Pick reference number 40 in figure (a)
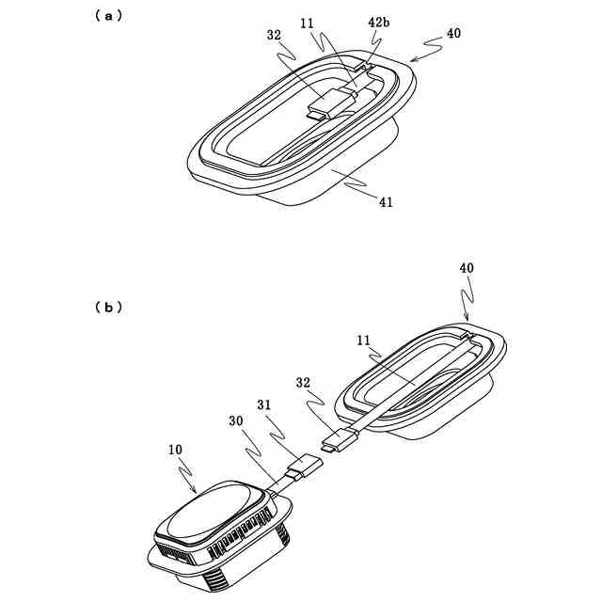coord(453,33)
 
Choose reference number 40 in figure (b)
coord(467,268)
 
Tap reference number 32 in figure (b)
coord(302,383)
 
